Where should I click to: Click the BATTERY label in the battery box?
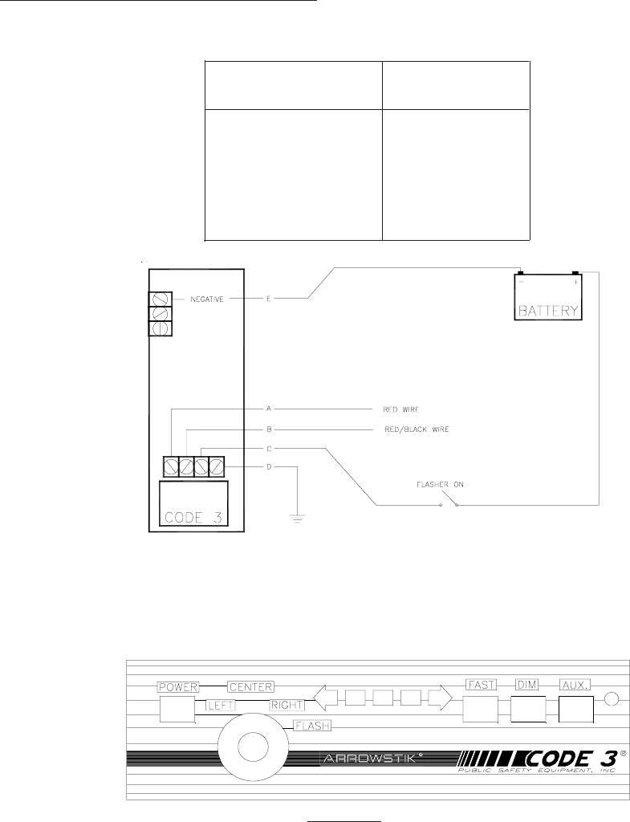tap(547, 311)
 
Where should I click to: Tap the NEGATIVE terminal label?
tap(206, 299)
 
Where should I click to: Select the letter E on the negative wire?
tap(268, 299)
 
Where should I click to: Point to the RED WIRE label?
tap(401, 409)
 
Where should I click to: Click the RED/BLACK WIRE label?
tap(417, 429)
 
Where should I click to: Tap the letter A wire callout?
tap(268, 409)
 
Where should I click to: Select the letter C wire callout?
tap(268, 449)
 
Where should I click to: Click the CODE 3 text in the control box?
tap(193, 517)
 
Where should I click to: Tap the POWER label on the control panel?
tap(178, 687)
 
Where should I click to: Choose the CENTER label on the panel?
tap(250, 687)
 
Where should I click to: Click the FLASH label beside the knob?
tap(312, 726)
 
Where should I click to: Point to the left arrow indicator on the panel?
tap(326, 698)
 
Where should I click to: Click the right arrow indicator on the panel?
tap(440, 698)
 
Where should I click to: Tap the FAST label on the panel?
tap(482, 684)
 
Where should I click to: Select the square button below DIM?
tap(528, 710)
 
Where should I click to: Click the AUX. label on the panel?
tap(575, 684)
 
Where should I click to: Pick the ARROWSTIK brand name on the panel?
tap(372, 758)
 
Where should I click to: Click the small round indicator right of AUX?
tap(612, 699)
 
